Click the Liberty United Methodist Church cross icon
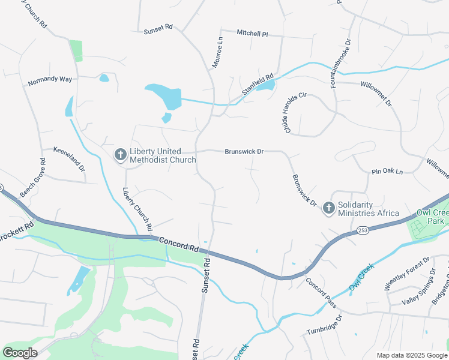(x=120, y=155)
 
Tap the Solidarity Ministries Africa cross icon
(x=328, y=208)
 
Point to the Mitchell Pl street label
(x=252, y=33)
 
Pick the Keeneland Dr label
(x=69, y=160)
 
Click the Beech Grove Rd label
(x=33, y=178)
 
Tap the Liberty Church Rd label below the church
(x=136, y=210)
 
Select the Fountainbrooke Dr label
(x=340, y=64)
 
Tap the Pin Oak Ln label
(x=387, y=172)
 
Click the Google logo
(x=20, y=353)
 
